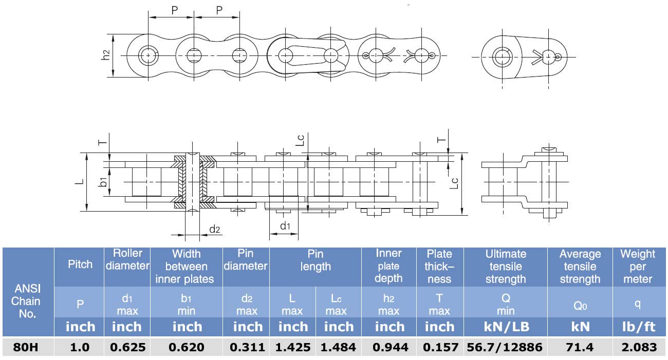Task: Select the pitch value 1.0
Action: pos(80,347)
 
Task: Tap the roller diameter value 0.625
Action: pos(127,347)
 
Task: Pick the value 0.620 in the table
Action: pos(187,347)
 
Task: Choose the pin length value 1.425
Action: pos(293,347)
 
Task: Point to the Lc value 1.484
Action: pos(338,347)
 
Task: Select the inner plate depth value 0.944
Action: pos(389,347)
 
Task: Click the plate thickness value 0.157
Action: pos(440,347)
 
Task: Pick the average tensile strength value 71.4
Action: pos(580,347)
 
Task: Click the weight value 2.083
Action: pos(639,347)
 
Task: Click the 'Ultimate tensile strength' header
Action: pos(506,267)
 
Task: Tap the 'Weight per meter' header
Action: pos(638,267)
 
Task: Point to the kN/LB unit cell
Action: pos(506,327)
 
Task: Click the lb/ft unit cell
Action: pos(638,327)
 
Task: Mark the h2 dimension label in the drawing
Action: pos(106,55)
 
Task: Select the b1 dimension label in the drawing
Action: pos(103,181)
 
